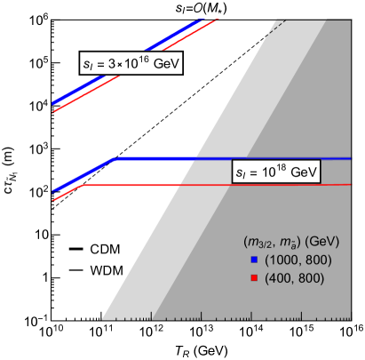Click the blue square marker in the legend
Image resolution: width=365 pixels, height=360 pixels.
[x=253, y=260]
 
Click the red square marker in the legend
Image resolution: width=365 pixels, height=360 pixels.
[x=253, y=278]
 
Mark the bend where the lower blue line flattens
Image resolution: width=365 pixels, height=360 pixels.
[x=114, y=159]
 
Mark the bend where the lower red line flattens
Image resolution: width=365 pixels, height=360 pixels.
[x=82, y=186]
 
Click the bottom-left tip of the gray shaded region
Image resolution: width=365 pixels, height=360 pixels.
[x=102, y=318]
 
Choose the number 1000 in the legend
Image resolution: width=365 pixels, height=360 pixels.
[x=281, y=260]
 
